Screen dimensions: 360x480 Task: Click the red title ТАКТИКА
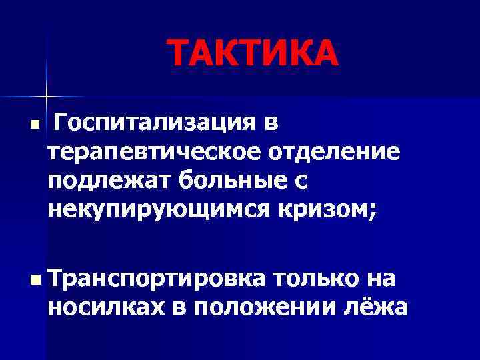tap(253, 53)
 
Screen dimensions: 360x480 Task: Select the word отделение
tap(335, 153)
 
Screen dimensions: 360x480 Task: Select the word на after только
tap(383, 278)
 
